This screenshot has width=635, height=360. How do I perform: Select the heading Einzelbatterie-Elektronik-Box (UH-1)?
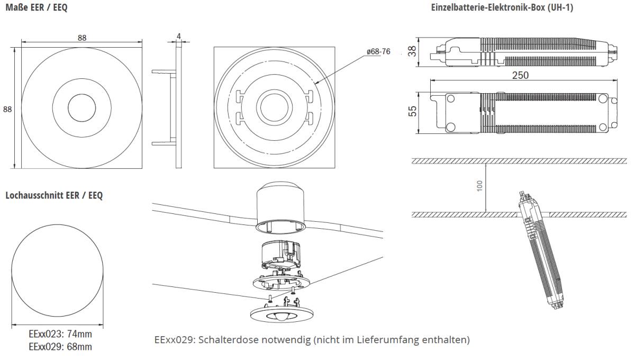[502, 7]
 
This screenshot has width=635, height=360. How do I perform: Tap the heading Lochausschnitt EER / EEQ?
[54, 195]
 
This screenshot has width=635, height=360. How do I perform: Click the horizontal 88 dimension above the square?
[82, 38]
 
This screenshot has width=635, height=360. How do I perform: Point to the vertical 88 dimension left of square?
[7, 109]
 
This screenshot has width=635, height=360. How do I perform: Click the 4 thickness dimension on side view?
[179, 37]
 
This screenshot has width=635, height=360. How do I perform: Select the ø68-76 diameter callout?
[378, 51]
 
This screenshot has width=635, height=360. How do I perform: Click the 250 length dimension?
[521, 75]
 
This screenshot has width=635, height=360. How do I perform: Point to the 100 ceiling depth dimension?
[479, 186]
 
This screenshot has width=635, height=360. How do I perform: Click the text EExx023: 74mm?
[60, 335]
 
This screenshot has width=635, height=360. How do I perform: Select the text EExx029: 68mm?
[60, 347]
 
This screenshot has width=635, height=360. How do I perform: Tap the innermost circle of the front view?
[81, 108]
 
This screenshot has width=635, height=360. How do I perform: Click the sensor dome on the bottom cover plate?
[283, 317]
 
